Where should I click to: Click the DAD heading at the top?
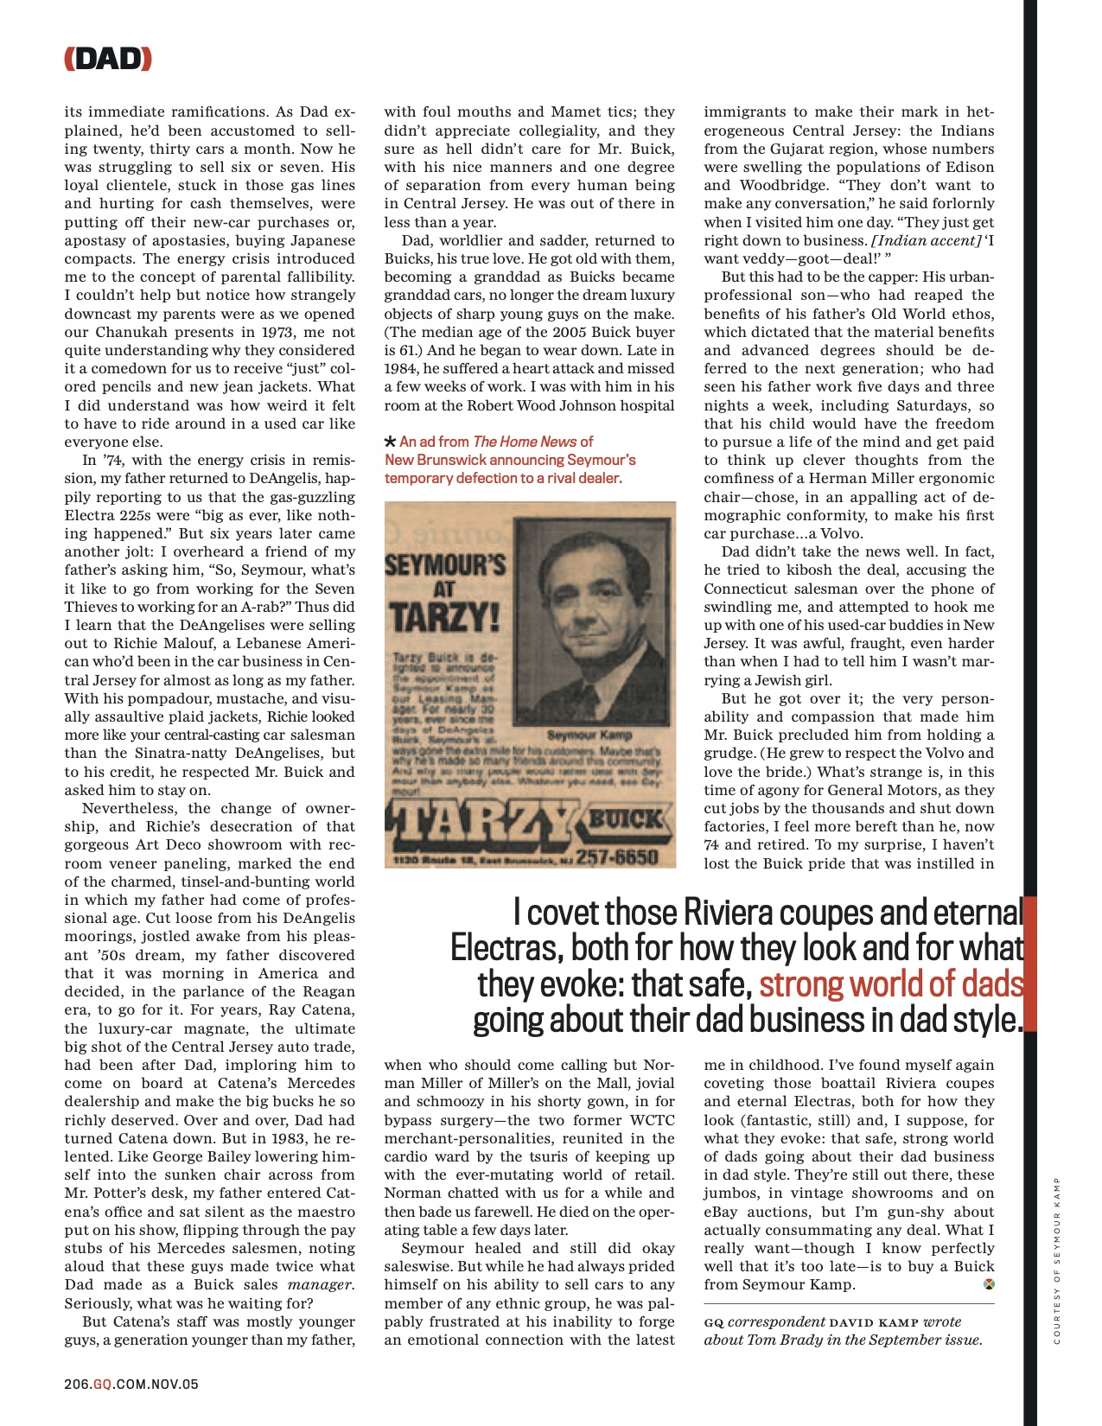pos(108,59)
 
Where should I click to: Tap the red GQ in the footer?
pos(102,1384)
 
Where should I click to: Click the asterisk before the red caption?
pos(391,442)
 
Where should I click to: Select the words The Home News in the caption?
pos(525,442)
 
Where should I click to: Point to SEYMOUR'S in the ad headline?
pos(444,565)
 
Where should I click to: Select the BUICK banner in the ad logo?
pos(627,818)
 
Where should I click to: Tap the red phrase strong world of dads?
pos(890,984)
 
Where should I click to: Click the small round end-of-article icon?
pos(989,1284)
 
